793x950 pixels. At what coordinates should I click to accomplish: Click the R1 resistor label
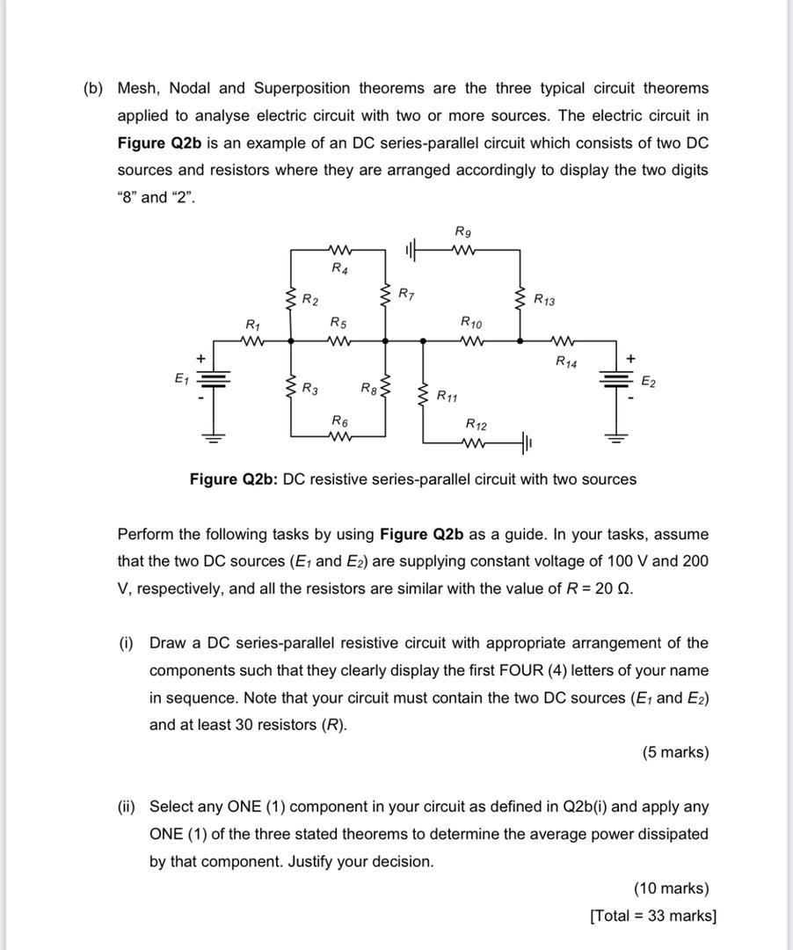[x=253, y=325]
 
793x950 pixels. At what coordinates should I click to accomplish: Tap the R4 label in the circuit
[x=339, y=268]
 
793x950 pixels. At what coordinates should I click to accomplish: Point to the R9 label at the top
[x=463, y=231]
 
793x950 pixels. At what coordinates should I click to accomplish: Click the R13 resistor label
[x=545, y=299]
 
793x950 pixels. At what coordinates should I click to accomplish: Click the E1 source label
[x=181, y=379]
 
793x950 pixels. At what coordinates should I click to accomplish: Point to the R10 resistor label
[x=471, y=323]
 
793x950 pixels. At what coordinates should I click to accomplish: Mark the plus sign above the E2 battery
[x=630, y=359]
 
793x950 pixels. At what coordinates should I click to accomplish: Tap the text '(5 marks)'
[x=675, y=752]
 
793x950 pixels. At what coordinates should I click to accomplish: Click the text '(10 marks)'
[x=671, y=888]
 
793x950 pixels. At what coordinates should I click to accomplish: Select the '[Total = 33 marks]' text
[x=653, y=916]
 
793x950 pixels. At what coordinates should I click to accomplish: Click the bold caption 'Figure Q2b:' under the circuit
[x=234, y=479]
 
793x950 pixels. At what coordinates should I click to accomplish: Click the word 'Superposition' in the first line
[x=303, y=88]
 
